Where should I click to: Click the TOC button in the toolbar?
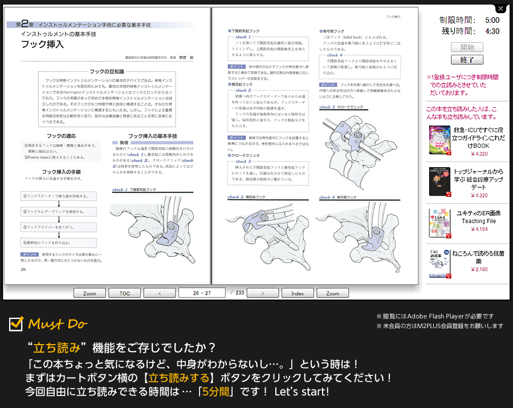[x=124, y=293]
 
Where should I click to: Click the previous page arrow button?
[x=159, y=293]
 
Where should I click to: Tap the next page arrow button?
[x=263, y=293]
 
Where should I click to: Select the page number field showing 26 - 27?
[x=202, y=293]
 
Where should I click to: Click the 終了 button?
[x=467, y=59]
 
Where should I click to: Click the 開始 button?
[x=467, y=47]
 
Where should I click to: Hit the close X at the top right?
[x=500, y=9]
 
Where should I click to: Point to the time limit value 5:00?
[x=492, y=20]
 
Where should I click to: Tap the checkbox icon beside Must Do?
[x=16, y=324]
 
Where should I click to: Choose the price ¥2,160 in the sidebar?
[x=479, y=269]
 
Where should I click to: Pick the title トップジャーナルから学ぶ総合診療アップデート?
[x=478, y=179]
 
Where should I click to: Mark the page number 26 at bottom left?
[x=23, y=269]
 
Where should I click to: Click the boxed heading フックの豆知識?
[x=107, y=71]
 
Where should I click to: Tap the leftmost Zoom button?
[x=89, y=293]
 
